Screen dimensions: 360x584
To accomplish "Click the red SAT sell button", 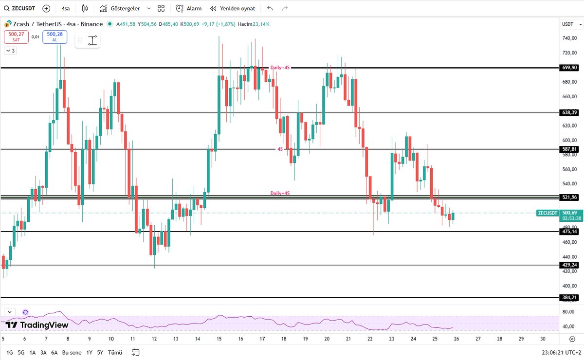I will point(16,36).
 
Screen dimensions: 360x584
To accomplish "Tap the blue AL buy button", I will point(55,36).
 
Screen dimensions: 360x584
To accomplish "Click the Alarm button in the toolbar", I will point(189,8).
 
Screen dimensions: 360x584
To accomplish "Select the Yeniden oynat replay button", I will point(233,8).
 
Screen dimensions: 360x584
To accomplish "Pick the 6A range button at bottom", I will point(54,352).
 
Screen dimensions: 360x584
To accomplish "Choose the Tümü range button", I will point(115,352).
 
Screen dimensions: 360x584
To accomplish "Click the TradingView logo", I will point(37,325).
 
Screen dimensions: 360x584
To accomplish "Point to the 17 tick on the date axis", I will point(262,339).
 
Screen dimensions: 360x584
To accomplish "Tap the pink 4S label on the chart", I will point(280,149).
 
